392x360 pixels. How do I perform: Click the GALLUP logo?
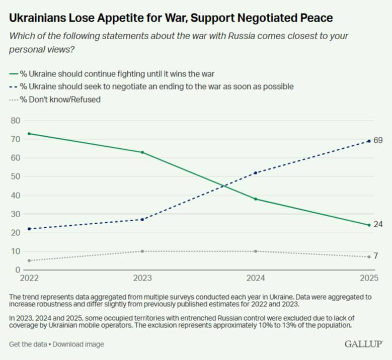(363, 344)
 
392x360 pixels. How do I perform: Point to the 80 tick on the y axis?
(14, 121)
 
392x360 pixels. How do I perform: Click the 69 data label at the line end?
(378, 140)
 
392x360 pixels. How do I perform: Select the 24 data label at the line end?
(378, 224)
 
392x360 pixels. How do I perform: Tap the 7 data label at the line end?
(376, 256)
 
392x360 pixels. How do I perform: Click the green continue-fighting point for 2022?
(29, 134)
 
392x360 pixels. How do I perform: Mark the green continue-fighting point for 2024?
(256, 199)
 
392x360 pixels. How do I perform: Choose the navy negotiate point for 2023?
(142, 219)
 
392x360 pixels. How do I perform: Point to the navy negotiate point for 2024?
(256, 173)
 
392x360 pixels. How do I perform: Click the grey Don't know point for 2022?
(29, 260)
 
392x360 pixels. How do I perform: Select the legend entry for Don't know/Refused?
(55, 100)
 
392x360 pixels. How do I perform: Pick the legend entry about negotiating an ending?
(151, 86)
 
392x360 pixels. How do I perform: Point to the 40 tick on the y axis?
(14, 195)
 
